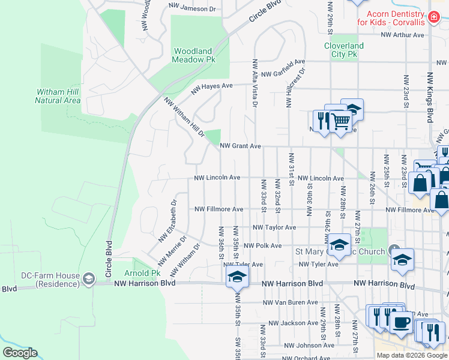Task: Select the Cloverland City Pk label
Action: coord(344,50)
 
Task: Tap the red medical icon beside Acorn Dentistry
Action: coord(432,19)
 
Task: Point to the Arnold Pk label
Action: coord(146,273)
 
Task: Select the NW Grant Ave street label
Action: coord(240,146)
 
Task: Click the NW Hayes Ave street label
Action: coord(211,89)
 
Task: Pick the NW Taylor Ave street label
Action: coord(274,227)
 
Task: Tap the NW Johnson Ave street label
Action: coord(309,345)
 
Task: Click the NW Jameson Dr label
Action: coord(192,9)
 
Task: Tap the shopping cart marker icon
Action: coord(341,121)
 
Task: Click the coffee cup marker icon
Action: coord(401,322)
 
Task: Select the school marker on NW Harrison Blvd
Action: coord(237,277)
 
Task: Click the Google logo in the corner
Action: coord(19,353)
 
